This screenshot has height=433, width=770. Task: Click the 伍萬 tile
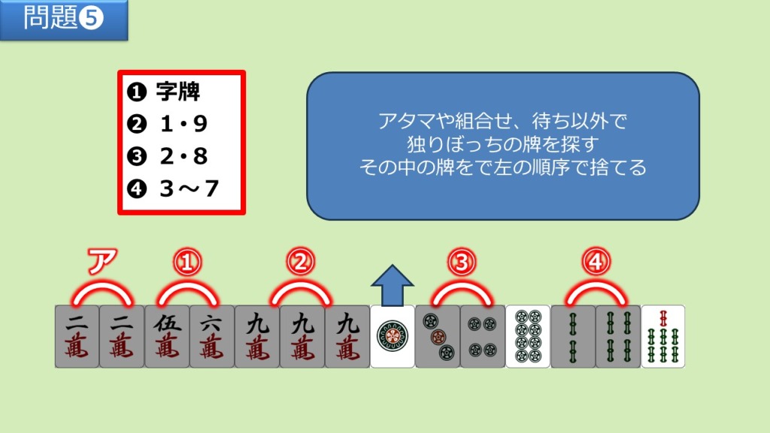pos(167,336)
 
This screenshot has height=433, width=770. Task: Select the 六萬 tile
pos(212,336)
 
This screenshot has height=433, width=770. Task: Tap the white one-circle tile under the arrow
pos(393,336)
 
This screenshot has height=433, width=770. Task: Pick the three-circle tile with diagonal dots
pos(438,336)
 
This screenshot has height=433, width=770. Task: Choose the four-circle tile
pos(483,336)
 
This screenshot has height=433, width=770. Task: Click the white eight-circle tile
pos(528,336)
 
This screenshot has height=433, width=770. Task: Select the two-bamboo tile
pos(573,336)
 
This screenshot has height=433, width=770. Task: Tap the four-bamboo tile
pos(618,336)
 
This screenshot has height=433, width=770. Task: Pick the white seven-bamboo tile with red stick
pos(663,336)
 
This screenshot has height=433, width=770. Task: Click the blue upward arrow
pos(393,286)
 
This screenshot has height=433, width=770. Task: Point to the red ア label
pos(102,261)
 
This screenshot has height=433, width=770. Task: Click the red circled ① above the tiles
pos(187,262)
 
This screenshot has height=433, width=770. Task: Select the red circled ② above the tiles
pos(301,262)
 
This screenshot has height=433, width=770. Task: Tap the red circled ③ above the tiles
pos(462,262)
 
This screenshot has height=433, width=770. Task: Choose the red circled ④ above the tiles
pos(596,262)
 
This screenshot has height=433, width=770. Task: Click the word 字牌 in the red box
pos(177,91)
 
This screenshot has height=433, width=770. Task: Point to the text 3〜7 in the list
pos(189,189)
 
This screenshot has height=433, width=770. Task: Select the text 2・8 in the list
pos(183,156)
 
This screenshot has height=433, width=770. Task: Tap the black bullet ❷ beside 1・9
pos(137,124)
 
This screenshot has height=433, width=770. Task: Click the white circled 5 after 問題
pos(91,19)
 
